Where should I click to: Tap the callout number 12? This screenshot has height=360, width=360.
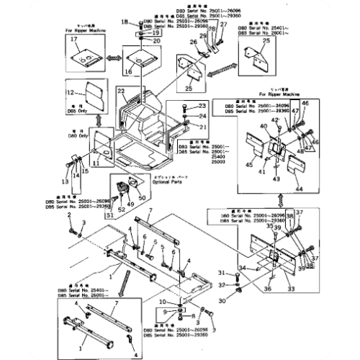(x=71, y=92)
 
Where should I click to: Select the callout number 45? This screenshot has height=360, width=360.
(x=250, y=166)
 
